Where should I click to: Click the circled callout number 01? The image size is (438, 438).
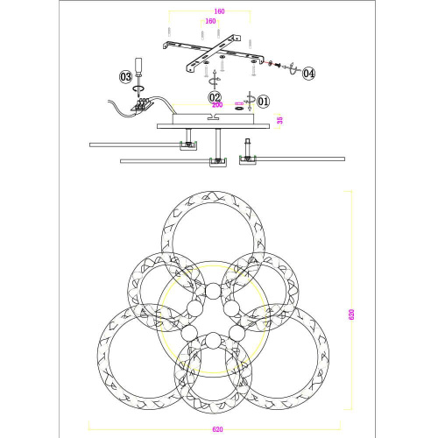(x=263, y=102)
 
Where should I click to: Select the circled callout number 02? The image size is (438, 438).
(x=215, y=97)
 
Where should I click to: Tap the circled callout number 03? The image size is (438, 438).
(x=126, y=77)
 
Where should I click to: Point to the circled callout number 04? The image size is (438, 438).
(x=308, y=74)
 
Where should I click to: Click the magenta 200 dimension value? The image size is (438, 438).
(x=217, y=105)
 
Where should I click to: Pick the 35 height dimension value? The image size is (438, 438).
(x=280, y=120)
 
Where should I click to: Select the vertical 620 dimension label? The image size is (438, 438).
(x=351, y=314)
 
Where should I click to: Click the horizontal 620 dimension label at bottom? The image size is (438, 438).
(x=217, y=429)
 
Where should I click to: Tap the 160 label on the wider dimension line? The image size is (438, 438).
(x=219, y=11)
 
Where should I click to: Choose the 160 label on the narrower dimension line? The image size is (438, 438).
(x=210, y=21)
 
